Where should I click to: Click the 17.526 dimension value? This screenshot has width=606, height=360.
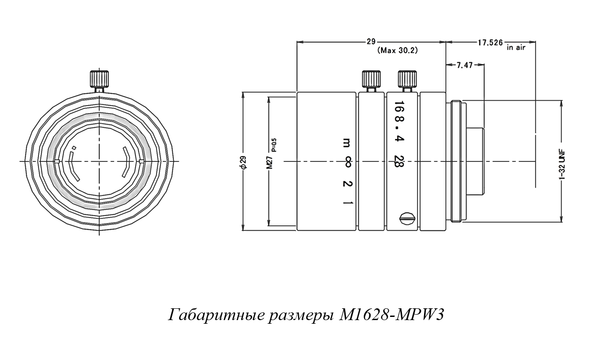490,43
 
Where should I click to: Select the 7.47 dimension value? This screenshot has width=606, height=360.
464,65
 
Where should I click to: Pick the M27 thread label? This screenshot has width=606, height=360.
269,162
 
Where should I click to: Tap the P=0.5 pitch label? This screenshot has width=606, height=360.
274,146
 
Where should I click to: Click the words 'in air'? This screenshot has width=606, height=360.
516,47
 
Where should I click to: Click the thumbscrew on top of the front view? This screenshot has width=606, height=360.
99,79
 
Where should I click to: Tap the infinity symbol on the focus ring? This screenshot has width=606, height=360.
347,162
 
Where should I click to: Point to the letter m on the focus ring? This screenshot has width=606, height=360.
347,143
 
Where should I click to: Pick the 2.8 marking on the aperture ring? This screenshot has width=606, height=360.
398,161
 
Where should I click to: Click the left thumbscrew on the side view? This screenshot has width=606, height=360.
370,79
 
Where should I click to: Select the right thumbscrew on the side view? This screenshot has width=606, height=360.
406,79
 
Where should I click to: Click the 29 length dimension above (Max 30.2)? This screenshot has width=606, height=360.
371,42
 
